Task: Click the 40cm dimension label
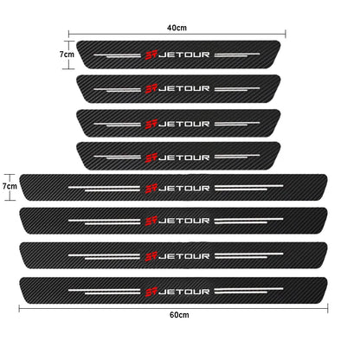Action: pyautogui.click(x=177, y=28)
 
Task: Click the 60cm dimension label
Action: pyautogui.click(x=179, y=315)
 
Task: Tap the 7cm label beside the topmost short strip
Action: pyautogui.click(x=67, y=55)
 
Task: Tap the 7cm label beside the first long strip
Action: pyautogui.click(x=10, y=186)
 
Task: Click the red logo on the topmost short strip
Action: pyautogui.click(x=151, y=55)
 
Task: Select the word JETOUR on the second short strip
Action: pyautogui.click(x=184, y=88)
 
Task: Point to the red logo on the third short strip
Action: pyautogui.click(x=151, y=125)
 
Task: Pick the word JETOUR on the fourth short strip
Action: pyautogui.click(x=184, y=157)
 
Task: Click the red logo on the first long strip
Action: pyautogui.click(x=151, y=189)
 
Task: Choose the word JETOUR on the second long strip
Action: pyautogui.click(x=184, y=221)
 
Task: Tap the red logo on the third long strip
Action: pyautogui.click(x=151, y=256)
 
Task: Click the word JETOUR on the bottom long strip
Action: pyautogui.click(x=184, y=292)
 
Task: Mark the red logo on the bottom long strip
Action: pyautogui.click(x=151, y=292)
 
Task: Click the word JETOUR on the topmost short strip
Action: pyautogui.click(x=184, y=55)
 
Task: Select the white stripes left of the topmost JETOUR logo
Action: pyautogui.click(x=118, y=55)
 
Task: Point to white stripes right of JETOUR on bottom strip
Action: pyautogui.click(x=249, y=290)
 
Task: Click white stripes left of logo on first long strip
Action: pyautogui.click(x=104, y=189)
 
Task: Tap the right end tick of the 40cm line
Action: pyautogui.click(x=286, y=34)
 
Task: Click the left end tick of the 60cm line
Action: pyautogui.click(x=19, y=309)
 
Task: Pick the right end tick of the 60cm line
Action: pyautogui.click(x=328, y=309)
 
